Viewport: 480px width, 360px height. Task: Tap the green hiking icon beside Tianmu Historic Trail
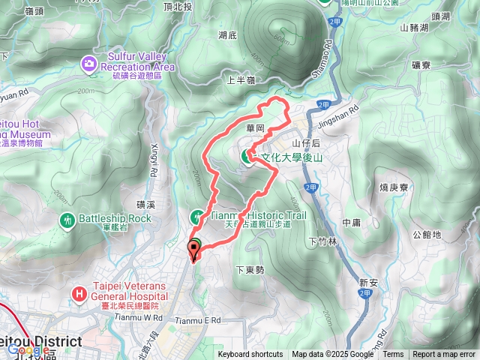196,217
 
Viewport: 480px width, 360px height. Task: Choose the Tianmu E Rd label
199,320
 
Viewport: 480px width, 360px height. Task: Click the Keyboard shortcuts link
250,355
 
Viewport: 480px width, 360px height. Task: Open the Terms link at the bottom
393,355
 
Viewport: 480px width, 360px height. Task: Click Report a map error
445,355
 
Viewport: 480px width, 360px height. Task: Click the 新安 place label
368,282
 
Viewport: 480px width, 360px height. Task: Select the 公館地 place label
427,234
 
